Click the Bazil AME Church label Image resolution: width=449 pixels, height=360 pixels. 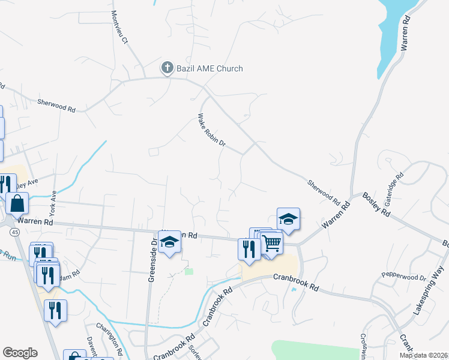(x=209, y=68)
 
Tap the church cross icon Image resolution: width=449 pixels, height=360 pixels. (x=167, y=68)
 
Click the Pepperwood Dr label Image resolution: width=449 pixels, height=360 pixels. (x=403, y=277)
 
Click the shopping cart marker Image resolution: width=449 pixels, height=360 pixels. (x=271, y=243)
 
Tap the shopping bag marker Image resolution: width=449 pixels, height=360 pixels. (x=18, y=204)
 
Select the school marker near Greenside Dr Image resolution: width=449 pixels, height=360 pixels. (x=170, y=242)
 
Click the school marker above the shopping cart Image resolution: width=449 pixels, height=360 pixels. (x=288, y=220)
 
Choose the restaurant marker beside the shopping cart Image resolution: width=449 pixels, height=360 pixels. (x=249, y=248)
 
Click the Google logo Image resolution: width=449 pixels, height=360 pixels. (x=20, y=353)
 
